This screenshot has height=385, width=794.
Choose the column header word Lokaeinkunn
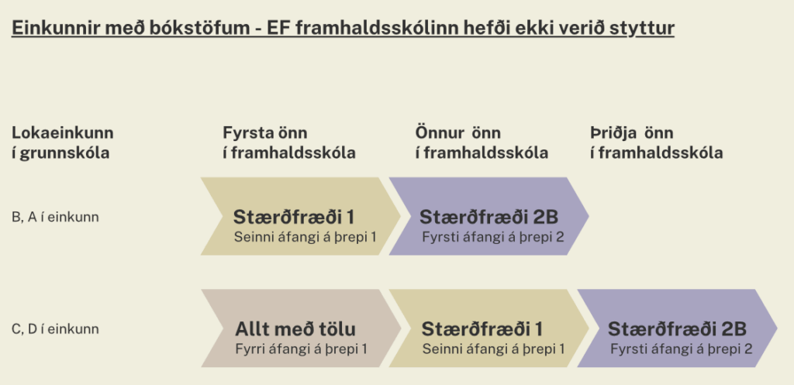[63, 132]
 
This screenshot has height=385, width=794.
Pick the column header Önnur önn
[458, 132]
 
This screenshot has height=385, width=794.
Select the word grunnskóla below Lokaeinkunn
[66, 153]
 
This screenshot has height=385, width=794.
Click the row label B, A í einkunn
[55, 217]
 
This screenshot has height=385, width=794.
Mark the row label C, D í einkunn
[55, 329]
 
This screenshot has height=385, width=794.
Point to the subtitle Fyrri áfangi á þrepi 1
[301, 349]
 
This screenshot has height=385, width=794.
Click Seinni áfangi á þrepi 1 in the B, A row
[305, 236]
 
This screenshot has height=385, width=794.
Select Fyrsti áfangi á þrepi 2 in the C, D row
[681, 349]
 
